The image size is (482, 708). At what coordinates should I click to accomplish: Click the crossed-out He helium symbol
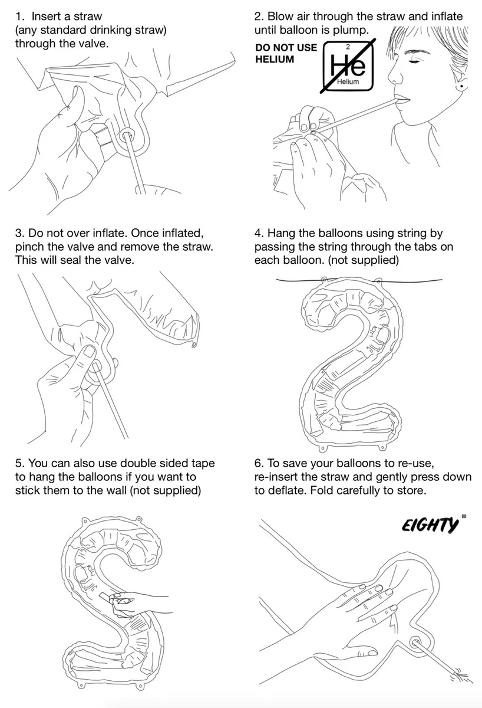(x=348, y=65)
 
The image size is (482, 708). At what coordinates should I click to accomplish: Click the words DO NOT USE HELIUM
(x=286, y=53)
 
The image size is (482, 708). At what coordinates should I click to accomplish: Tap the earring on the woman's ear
(x=462, y=86)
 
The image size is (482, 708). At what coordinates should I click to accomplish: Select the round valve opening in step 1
(x=127, y=135)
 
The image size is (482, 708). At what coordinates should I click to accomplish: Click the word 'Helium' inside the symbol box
(x=348, y=81)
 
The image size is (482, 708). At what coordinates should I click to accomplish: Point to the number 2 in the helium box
(x=348, y=47)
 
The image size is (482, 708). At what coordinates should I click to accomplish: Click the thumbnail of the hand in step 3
(x=90, y=352)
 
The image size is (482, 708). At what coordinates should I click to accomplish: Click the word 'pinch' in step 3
(x=29, y=247)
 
